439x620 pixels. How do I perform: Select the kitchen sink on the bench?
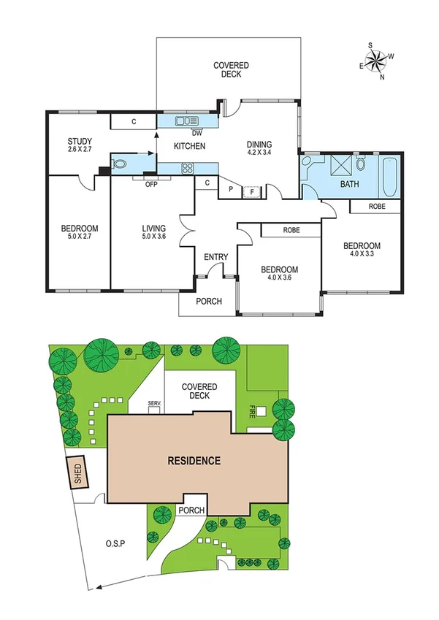pyautogui.click(x=186, y=122)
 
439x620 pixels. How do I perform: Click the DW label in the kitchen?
pyautogui.click(x=196, y=133)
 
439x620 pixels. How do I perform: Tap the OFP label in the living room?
pyautogui.click(x=152, y=183)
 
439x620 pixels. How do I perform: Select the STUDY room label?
pyautogui.click(x=78, y=142)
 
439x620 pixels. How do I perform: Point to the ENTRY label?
pyautogui.click(x=216, y=257)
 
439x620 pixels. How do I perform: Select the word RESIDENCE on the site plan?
pyautogui.click(x=194, y=461)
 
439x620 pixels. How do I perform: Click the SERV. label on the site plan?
pyautogui.click(x=154, y=403)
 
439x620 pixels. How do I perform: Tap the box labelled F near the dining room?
pyautogui.click(x=253, y=192)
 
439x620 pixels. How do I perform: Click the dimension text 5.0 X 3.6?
pyautogui.click(x=154, y=237)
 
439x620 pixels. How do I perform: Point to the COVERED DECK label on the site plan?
pyautogui.click(x=199, y=391)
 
